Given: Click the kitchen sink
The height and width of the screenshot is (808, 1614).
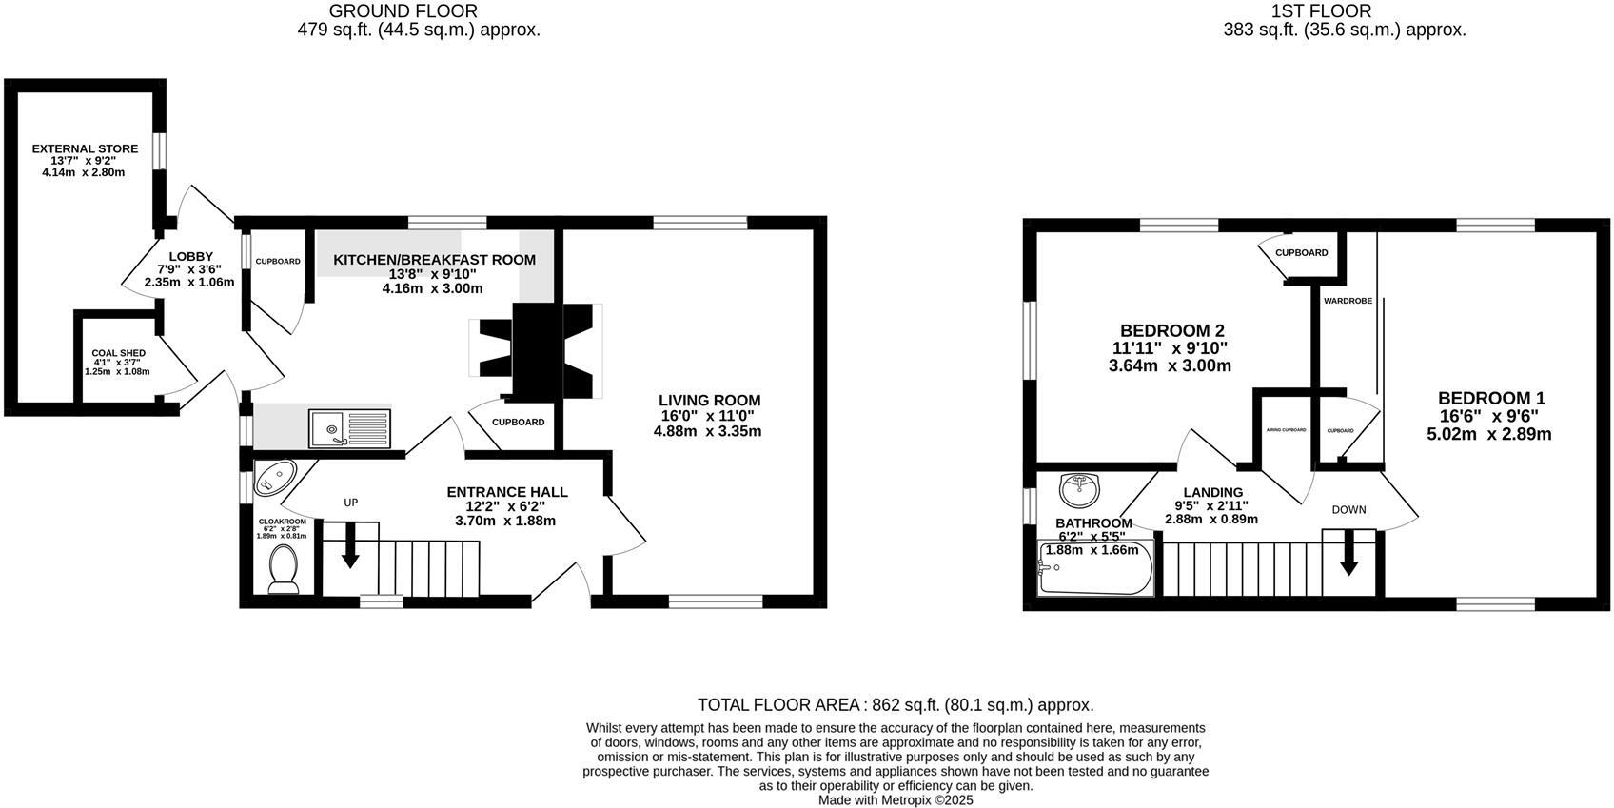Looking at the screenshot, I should pos(349,427).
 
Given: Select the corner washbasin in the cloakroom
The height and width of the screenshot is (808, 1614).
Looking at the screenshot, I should pos(273,477).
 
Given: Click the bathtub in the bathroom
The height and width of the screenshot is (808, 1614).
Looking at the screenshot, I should pos(1095,568).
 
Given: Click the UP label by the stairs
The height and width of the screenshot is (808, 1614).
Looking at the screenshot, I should pos(350,503).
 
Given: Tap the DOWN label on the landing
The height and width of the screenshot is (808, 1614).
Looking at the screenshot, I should pos(1348,510).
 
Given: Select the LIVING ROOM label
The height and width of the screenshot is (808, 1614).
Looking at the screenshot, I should pos(710,401).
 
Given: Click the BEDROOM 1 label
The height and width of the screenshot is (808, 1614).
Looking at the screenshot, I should pos(1491,399).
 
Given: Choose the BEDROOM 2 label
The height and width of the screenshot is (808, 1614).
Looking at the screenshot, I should pos(1171,331).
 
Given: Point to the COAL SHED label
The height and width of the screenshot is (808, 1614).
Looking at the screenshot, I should pos(118,353).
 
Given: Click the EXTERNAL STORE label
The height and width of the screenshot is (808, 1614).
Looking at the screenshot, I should pos(85,148).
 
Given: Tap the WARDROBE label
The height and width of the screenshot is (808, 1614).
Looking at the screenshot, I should pos(1348,301).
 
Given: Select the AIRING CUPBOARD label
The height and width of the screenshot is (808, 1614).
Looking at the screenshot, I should pos(1286,430).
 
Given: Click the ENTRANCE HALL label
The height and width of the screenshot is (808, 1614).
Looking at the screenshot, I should pos(507,492).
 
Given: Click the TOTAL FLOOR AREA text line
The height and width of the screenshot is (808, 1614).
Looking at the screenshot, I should pos(895,705).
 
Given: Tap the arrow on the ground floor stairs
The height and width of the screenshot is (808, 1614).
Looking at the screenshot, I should pos(350,548).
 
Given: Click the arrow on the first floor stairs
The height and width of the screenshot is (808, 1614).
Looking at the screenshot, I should pos(1348,555).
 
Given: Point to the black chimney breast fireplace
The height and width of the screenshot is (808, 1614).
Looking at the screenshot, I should pos(538,350).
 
